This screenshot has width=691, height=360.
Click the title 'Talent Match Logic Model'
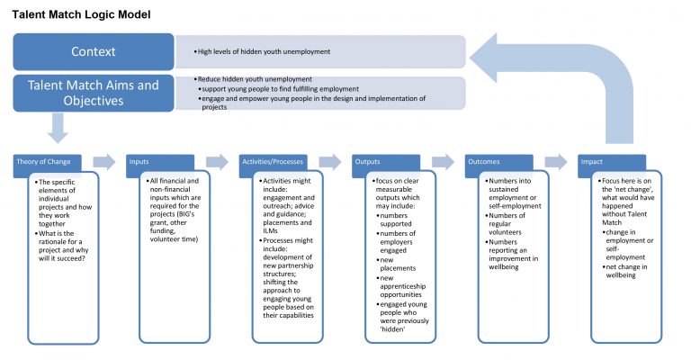tap(82, 15)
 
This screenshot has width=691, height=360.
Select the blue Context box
tap(94, 51)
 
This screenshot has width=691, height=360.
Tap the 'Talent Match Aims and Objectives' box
tap(94, 93)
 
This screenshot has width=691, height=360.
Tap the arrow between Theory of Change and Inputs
tap(105, 162)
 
